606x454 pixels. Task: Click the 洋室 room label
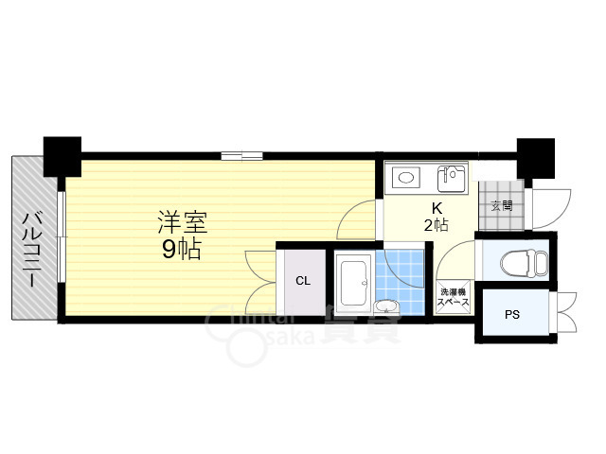[182, 223]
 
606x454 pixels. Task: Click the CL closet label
[302, 281]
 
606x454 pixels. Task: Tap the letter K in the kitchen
[437, 208]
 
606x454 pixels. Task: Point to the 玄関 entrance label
[501, 204]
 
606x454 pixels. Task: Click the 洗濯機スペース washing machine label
[453, 298]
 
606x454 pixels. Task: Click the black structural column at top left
[63, 155]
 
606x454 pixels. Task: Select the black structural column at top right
[534, 155]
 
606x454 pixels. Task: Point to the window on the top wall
[241, 155]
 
